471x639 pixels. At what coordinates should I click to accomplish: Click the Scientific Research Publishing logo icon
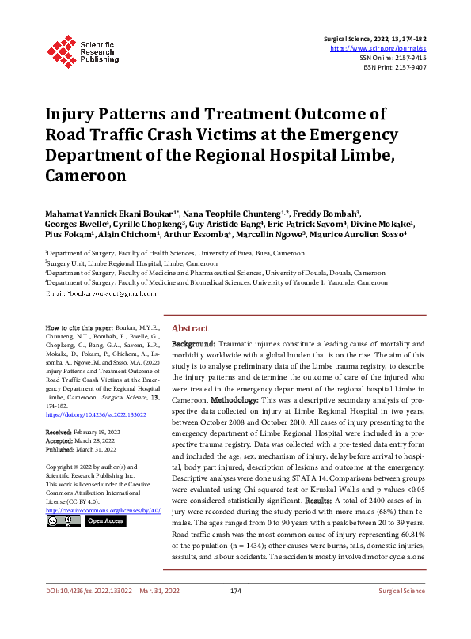click(61, 48)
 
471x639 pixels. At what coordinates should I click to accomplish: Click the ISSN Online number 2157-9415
click(408, 58)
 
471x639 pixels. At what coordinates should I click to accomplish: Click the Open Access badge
click(104, 521)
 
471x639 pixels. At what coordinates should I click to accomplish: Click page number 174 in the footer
click(235, 613)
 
